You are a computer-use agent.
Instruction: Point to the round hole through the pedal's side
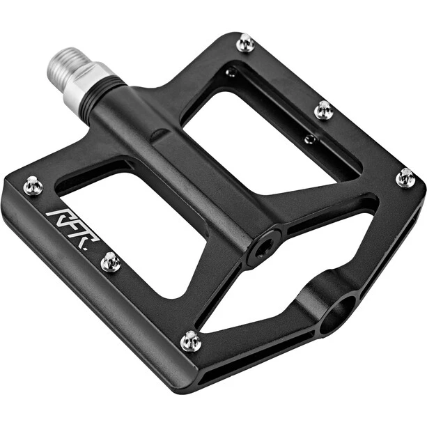point(338,315)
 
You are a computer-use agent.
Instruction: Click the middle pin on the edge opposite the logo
point(325,109)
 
